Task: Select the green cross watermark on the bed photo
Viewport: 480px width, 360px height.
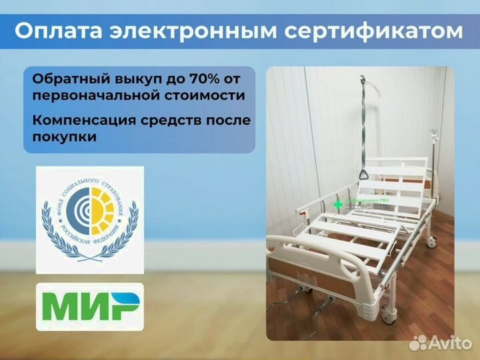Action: pyautogui.click(x=338, y=204)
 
